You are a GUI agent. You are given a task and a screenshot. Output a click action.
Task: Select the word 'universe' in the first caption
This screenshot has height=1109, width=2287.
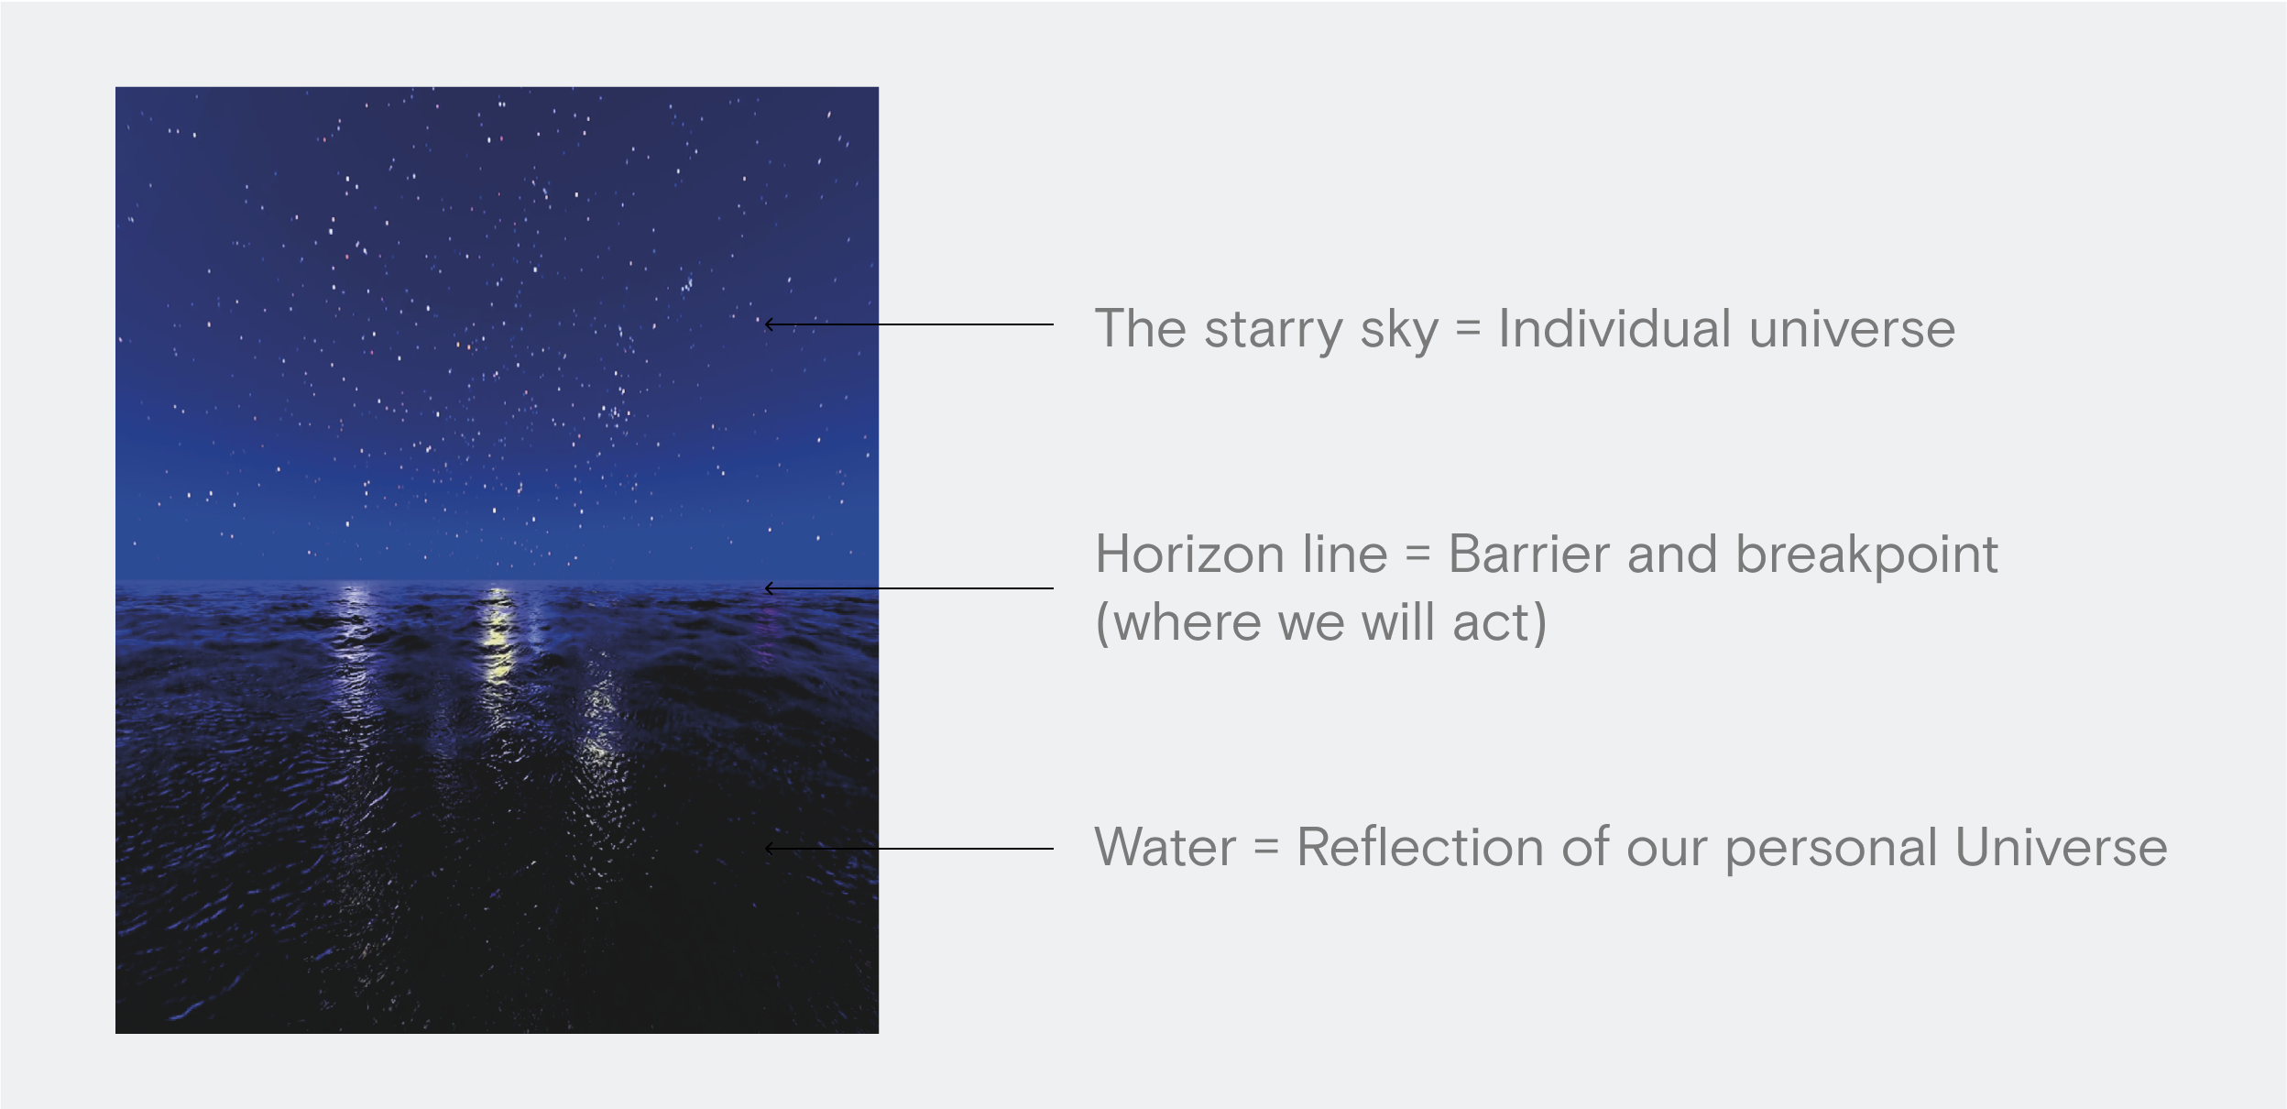1852,329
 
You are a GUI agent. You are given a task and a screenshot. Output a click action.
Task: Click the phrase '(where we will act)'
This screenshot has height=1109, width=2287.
1320,623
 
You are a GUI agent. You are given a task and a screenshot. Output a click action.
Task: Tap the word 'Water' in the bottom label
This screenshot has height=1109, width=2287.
1165,847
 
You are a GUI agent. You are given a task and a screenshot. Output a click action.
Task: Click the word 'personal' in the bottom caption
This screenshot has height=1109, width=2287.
1831,849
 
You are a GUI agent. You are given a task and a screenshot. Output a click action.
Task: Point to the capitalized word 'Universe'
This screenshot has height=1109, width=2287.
2061,847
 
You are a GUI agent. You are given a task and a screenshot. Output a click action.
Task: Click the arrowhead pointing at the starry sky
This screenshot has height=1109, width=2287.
770,324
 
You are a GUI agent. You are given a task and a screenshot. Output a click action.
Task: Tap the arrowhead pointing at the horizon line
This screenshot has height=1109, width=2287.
770,588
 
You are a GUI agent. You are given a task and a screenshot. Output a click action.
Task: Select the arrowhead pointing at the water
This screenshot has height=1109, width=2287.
770,849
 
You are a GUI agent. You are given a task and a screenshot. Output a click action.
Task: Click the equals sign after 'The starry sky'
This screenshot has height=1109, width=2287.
1468,329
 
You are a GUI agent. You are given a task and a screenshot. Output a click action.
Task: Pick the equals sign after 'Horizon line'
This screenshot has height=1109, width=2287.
1417,554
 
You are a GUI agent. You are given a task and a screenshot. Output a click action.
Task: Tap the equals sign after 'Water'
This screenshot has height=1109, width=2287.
1266,847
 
